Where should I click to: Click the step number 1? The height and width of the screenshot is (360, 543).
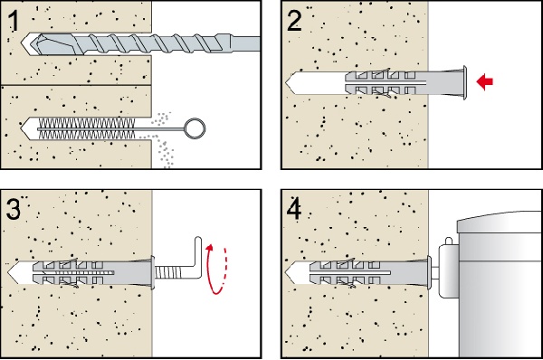pos(14,21)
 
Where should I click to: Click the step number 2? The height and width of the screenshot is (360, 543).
pos(294,21)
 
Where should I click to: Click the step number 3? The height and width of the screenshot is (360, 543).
pos(14,209)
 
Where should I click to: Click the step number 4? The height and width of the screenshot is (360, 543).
pos(294,209)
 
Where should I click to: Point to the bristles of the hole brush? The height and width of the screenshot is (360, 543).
pos(86,128)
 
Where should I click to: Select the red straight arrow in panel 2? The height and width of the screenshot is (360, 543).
pos(485,82)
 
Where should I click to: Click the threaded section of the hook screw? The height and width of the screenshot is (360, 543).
pos(167,272)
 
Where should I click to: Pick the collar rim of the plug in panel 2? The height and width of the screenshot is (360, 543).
pos(464,82)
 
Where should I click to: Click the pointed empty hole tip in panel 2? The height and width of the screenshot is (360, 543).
pos(291,82)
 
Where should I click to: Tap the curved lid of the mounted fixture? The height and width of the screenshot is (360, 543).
pos(500,222)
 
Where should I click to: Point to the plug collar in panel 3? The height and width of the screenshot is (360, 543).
pos(153,272)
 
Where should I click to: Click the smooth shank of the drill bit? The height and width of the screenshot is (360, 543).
pos(245,44)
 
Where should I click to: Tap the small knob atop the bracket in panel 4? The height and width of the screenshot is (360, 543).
pos(449,241)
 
